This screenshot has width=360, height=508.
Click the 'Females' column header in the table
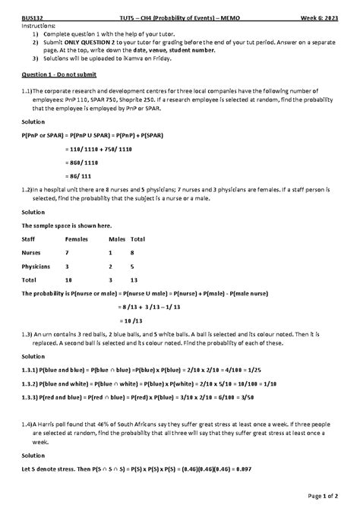point(77,238)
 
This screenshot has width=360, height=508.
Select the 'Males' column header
point(115,238)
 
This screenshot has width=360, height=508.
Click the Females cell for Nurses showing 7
point(67,252)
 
